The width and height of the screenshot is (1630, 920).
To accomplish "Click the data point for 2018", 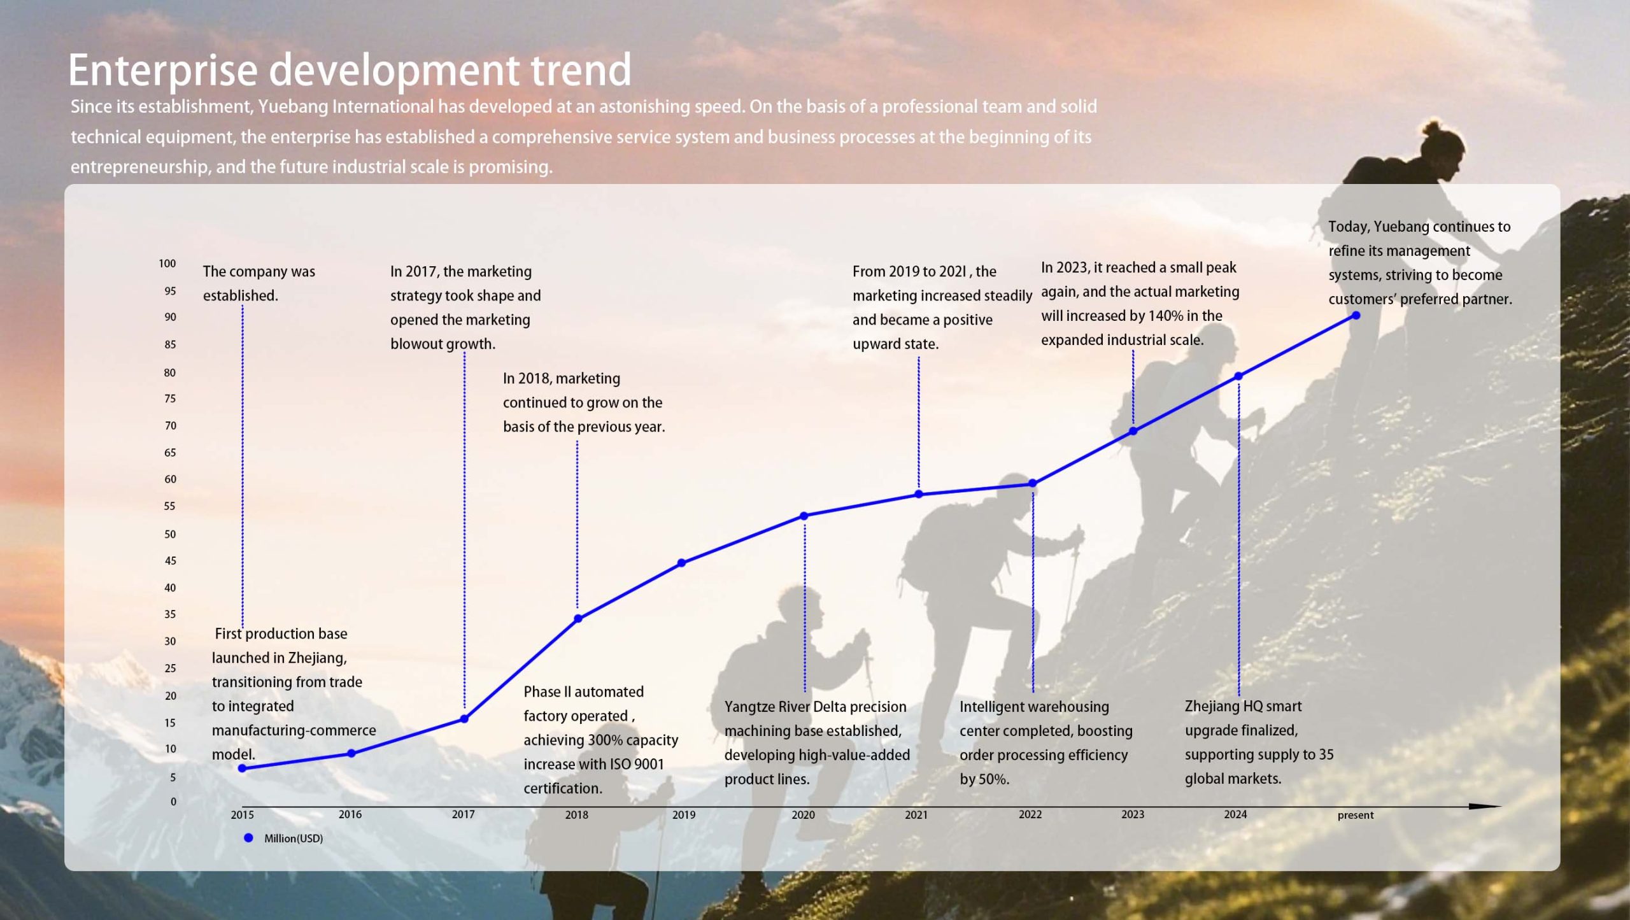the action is click(x=578, y=618).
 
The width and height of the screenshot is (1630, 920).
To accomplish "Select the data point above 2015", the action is click(x=242, y=768).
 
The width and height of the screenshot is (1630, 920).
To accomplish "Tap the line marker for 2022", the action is click(x=1033, y=484).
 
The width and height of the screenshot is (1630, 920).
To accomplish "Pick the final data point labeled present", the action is click(x=1356, y=316).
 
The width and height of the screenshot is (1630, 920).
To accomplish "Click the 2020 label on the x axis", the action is click(x=803, y=815).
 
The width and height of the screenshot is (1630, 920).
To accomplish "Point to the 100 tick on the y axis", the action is click(x=167, y=264).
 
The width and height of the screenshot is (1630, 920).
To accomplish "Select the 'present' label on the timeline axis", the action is click(x=1356, y=816).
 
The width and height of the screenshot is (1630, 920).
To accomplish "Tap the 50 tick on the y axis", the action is click(x=170, y=534).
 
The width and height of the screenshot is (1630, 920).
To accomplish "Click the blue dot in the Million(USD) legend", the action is click(x=248, y=838).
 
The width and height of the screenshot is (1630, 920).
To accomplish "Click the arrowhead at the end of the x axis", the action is click(x=1487, y=807).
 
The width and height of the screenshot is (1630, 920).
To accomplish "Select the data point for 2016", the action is click(x=351, y=753).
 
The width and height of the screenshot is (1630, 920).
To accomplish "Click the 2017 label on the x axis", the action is click(x=463, y=815).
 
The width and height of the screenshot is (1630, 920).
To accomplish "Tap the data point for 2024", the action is click(x=1238, y=376).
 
